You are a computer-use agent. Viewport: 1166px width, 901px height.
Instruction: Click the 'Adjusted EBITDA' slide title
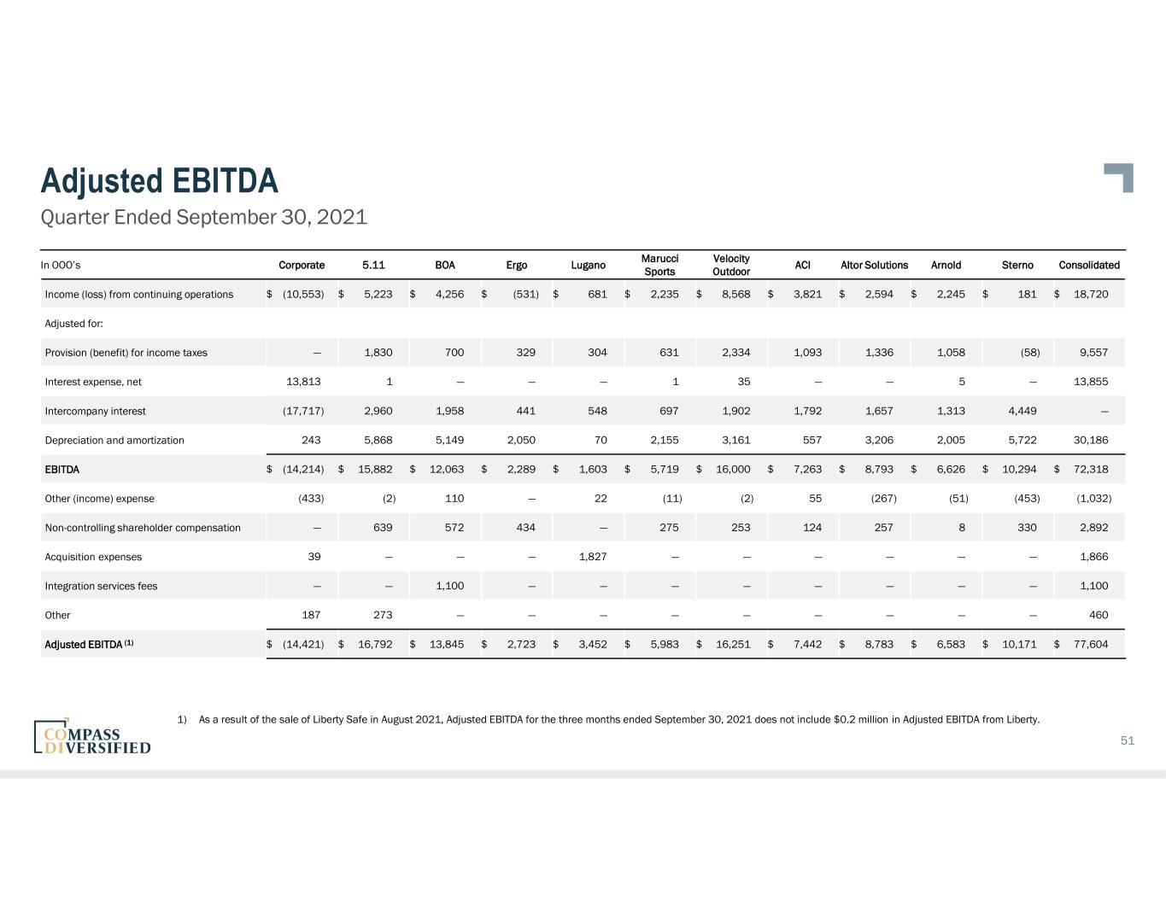coord(160,181)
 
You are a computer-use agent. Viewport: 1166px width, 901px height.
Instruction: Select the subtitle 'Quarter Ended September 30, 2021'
coord(204,217)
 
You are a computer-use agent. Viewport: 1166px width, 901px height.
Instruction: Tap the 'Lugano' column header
coord(588,265)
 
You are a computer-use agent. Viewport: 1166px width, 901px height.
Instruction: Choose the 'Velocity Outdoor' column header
coord(731,265)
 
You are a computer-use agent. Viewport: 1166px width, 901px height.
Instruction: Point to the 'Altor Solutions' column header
coord(874,265)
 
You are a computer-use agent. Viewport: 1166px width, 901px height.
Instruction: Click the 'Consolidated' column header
coord(1088,265)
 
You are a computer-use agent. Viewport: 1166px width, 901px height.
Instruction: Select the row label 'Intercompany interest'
coord(95,411)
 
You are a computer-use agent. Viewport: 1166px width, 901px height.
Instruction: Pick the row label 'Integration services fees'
coord(101,586)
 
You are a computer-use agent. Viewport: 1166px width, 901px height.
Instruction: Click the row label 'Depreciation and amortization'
coord(114,440)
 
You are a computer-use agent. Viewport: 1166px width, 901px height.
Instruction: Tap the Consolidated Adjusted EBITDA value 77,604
coord(1091,644)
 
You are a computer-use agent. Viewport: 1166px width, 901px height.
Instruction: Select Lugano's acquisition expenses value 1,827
coord(593,557)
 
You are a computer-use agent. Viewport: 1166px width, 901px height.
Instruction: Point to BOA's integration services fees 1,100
coord(449,586)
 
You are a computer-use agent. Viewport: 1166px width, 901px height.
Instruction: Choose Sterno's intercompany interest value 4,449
coord(1022,411)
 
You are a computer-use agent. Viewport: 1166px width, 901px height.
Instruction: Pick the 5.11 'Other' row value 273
coord(383,615)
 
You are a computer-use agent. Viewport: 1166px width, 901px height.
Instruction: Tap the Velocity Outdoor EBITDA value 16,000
coord(733,469)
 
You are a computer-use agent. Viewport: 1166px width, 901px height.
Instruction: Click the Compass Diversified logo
coord(92,737)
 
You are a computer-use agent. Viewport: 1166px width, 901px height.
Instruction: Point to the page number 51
coord(1127,740)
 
